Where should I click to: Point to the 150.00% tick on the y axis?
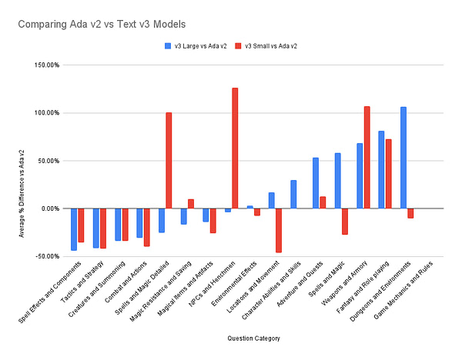[x=45, y=65]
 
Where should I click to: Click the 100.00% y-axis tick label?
[x=45, y=113]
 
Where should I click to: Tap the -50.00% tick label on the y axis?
[x=45, y=256]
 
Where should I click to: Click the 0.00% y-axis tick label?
[x=49, y=208]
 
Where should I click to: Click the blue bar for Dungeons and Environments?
[x=403, y=158]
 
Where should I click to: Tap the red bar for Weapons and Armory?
[x=367, y=158]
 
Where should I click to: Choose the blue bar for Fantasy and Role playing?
[x=381, y=170]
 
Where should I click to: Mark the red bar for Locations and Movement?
[x=279, y=230]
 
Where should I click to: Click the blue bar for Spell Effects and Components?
[x=74, y=228]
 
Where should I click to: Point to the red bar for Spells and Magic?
[x=345, y=222]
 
